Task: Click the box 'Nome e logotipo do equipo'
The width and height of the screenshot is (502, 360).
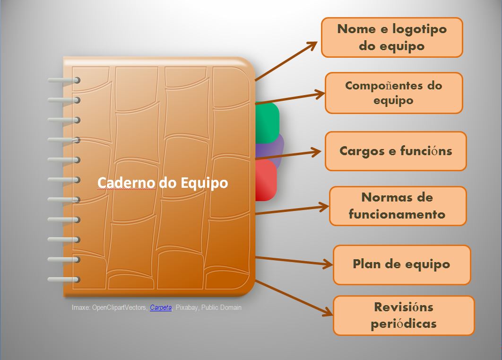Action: pyautogui.click(x=392, y=37)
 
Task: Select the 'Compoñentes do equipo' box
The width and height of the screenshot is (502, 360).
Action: pyautogui.click(x=393, y=93)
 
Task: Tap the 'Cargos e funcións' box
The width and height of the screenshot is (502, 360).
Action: pyautogui.click(x=396, y=151)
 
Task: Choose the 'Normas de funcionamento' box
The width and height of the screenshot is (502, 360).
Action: pyautogui.click(x=398, y=206)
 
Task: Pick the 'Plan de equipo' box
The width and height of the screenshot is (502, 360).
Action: pyautogui.click(x=402, y=264)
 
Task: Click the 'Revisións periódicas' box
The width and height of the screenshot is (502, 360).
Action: pyautogui.click(x=403, y=316)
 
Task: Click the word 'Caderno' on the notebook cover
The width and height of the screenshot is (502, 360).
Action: pyautogui.click(x=126, y=183)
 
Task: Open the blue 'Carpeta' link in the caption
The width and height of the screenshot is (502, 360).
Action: pyautogui.click(x=161, y=307)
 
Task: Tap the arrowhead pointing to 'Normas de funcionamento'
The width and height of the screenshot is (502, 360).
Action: pyautogui.click(x=323, y=206)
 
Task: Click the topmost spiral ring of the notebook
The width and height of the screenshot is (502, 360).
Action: pyautogui.click(x=63, y=81)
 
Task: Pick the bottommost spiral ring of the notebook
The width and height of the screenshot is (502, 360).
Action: pyautogui.click(x=63, y=280)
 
